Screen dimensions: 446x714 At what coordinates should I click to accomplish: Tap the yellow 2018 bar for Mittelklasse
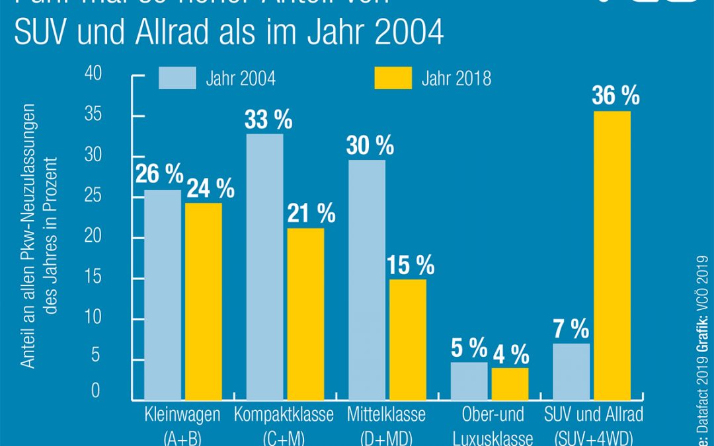[407, 339]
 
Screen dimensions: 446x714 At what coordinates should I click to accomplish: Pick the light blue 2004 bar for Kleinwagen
[163, 295]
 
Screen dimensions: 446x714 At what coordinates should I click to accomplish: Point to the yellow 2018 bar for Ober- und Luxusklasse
[510, 383]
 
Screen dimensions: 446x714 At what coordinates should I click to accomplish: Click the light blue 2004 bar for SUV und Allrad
[571, 371]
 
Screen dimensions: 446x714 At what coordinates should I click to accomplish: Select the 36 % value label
[615, 96]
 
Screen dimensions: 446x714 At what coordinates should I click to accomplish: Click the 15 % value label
[410, 265]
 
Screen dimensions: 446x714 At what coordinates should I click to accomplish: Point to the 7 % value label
[571, 328]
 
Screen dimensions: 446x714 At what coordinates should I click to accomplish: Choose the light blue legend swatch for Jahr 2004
[177, 79]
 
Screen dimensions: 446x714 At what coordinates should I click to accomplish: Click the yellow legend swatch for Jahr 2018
[393, 79]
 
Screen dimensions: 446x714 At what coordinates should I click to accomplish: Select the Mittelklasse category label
[386, 416]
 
